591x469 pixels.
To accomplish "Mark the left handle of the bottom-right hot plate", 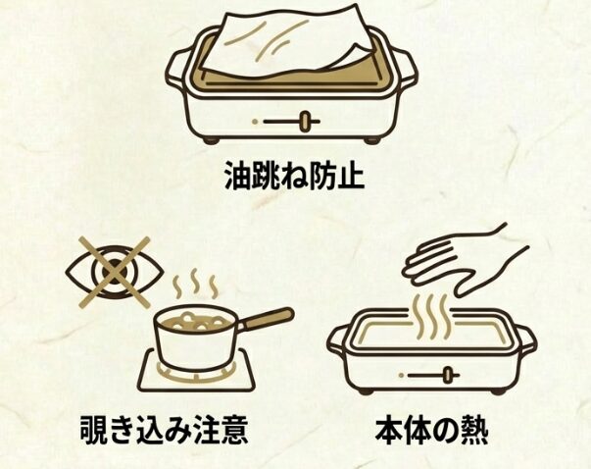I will click(x=338, y=339).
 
